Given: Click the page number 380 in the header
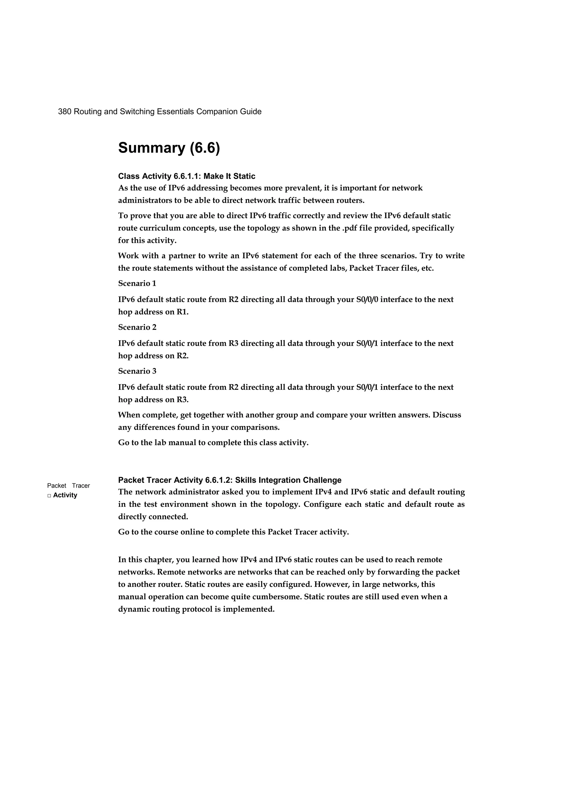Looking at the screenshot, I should [x=65, y=112].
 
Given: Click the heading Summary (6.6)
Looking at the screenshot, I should [x=169, y=148].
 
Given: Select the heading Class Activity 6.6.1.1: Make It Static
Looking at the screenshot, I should [x=187, y=176].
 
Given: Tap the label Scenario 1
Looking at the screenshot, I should [x=137, y=284].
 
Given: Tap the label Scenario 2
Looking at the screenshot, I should [x=137, y=327].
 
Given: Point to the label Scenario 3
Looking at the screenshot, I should [x=137, y=371].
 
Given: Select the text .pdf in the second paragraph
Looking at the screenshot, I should [x=350, y=228].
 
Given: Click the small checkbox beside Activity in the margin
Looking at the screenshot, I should [x=49, y=496].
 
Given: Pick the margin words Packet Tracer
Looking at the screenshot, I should [x=69, y=486].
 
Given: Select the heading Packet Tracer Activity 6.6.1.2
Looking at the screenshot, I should [x=230, y=481].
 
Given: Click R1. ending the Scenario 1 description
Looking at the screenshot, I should [x=183, y=312].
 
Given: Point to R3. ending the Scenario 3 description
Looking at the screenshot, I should [x=183, y=400].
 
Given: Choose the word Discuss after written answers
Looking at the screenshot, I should [x=446, y=415].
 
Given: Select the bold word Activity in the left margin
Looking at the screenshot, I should [x=65, y=495].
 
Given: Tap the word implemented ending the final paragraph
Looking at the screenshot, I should [x=249, y=609].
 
